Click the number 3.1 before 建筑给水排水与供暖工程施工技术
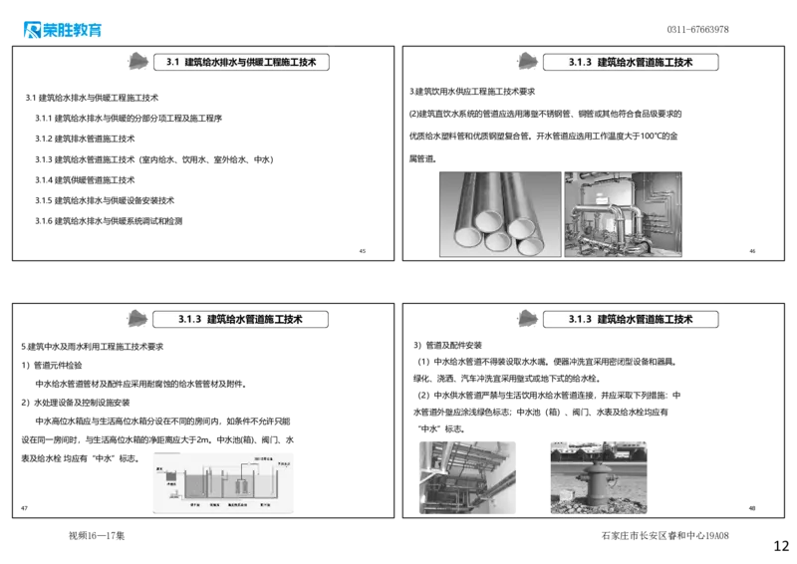pos(169,62)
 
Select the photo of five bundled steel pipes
pos(500,215)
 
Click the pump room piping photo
pos(624,215)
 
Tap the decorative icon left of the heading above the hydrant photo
pos(525,319)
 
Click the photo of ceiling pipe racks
pos(465,476)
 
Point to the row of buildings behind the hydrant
pos(601,450)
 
